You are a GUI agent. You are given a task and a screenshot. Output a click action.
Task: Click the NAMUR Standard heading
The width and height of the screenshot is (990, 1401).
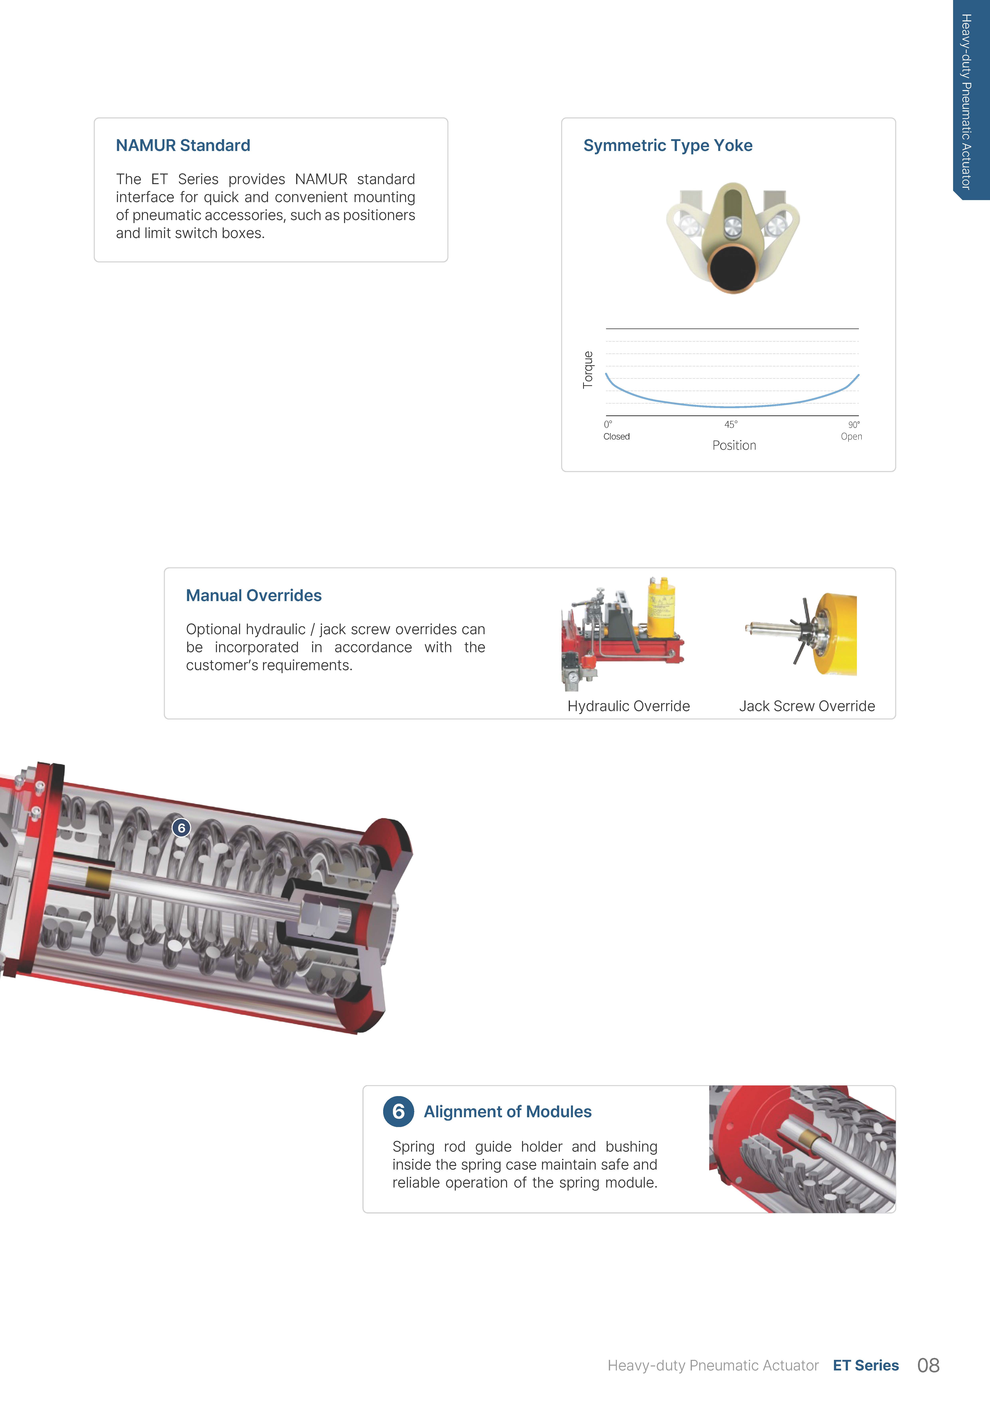coord(183,145)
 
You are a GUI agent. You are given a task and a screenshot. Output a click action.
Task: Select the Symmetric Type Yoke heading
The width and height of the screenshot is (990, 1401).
coord(668,145)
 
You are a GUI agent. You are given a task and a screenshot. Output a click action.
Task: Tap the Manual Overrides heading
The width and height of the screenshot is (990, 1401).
coord(254,595)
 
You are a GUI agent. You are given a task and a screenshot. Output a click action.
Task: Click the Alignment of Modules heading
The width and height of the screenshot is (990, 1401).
coord(507,1112)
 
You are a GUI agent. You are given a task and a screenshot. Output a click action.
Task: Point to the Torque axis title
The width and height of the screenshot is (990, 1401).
coord(588,370)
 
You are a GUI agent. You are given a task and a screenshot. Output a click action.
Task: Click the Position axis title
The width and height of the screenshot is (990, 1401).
coord(734,446)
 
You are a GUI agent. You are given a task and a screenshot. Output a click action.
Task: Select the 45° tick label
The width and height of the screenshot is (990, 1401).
coord(731,424)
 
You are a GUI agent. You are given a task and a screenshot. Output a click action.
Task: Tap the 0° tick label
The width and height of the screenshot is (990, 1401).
coord(608,424)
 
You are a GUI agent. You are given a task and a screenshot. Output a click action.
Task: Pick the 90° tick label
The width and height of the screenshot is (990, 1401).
coord(854,424)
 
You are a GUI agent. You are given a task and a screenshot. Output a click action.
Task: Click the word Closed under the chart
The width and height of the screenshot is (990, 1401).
coord(617,436)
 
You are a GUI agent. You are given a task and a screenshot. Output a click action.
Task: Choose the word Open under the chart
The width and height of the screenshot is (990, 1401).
coord(852,436)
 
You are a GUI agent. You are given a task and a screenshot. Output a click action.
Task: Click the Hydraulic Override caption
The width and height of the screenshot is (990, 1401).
coord(629,706)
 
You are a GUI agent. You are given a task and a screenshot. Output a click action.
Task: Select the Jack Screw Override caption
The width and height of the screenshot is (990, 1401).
coord(807,706)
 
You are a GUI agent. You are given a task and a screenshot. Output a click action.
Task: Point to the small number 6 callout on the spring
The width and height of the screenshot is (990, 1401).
coord(181,828)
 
